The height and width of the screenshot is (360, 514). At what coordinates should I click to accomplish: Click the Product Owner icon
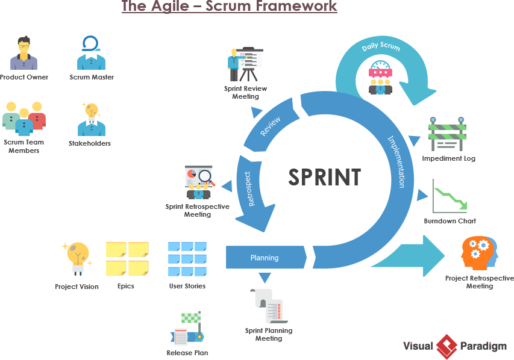click(x=24, y=53)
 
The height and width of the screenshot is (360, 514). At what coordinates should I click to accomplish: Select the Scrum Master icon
click(x=91, y=53)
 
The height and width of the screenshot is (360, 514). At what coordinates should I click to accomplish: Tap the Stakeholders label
click(x=90, y=143)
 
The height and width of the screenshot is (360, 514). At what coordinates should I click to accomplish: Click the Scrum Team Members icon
click(x=24, y=119)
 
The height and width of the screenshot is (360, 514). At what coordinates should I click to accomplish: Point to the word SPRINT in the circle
click(x=324, y=178)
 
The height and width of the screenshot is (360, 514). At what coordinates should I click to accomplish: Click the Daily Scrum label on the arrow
click(x=381, y=46)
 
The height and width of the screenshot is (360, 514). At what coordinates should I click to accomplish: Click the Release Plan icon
click(x=187, y=329)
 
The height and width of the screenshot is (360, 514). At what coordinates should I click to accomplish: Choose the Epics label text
click(x=126, y=286)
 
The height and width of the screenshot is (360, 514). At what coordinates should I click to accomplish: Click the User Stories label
click(x=187, y=286)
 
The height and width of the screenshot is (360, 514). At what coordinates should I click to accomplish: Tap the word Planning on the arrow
click(x=265, y=258)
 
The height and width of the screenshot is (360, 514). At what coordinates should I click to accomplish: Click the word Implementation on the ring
click(x=396, y=161)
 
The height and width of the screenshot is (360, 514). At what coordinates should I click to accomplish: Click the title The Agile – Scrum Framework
click(x=229, y=7)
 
